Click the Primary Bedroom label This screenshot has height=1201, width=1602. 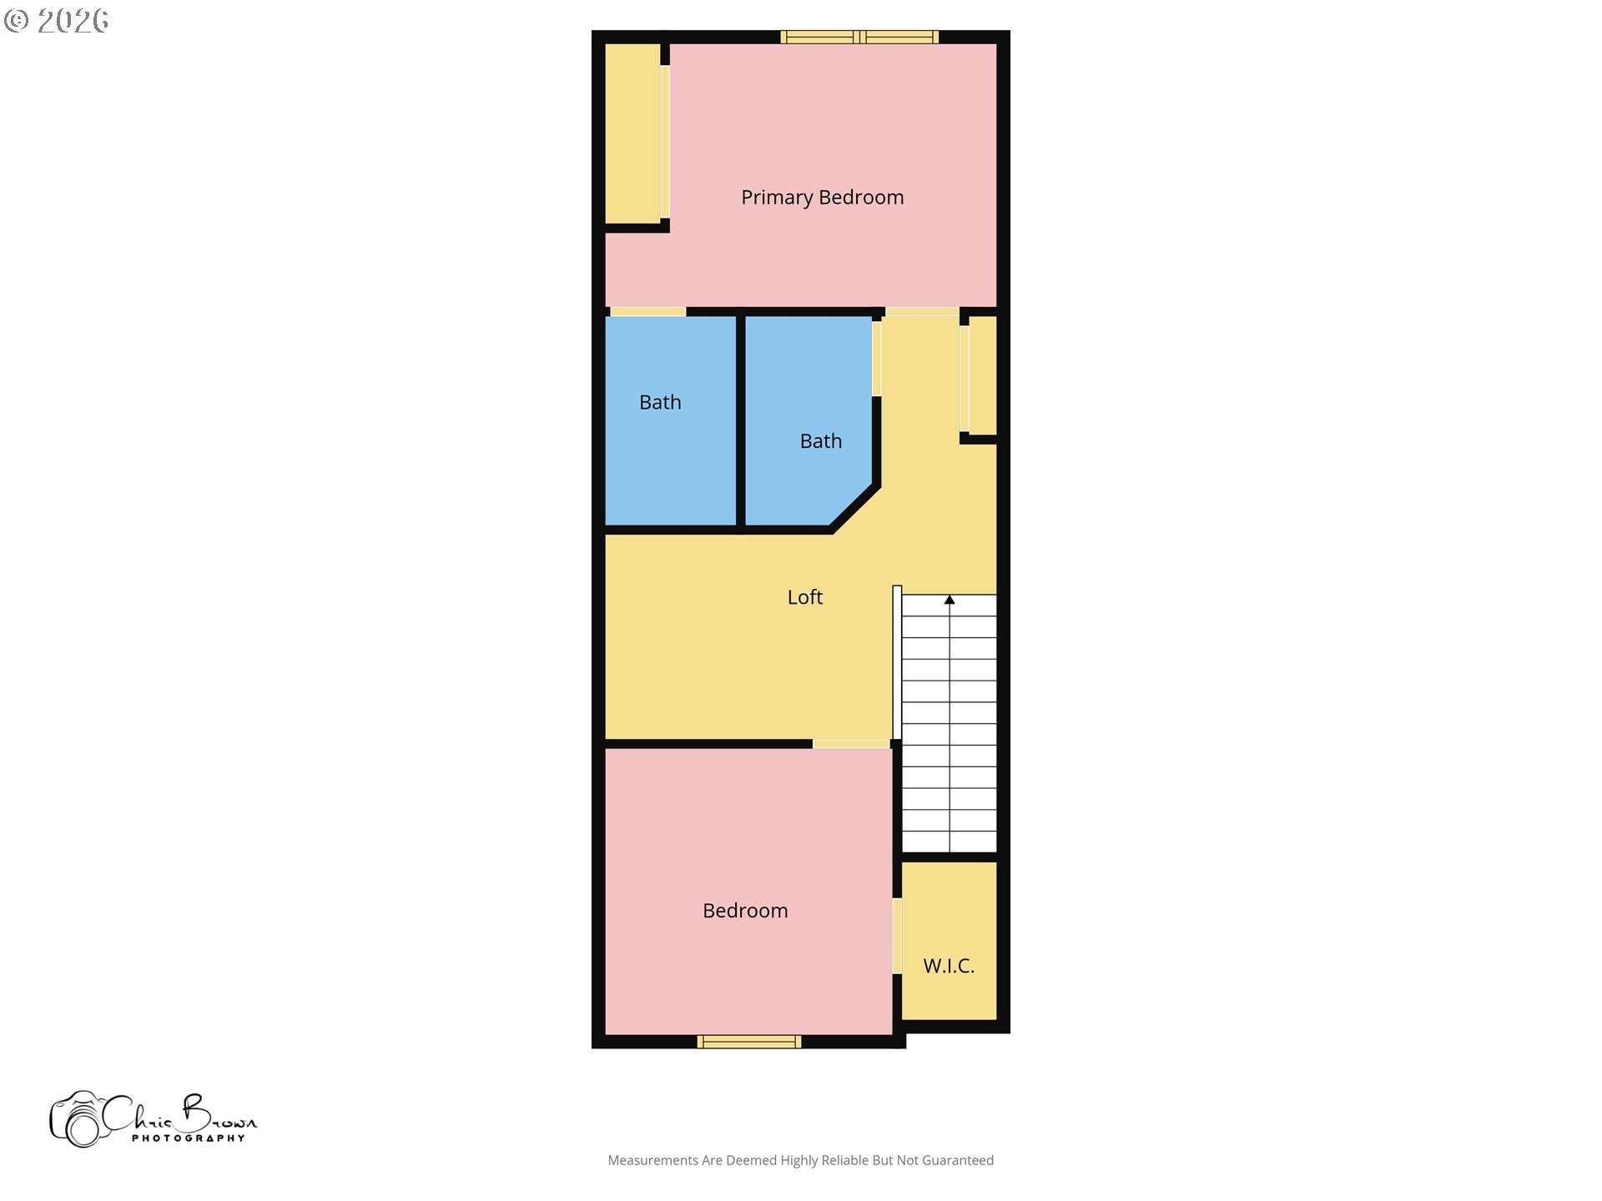(822, 198)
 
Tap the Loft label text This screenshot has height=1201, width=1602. (805, 597)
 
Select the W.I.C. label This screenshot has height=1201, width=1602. (949, 966)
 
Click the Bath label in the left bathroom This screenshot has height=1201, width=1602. (660, 402)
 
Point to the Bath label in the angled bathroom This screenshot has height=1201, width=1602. (821, 441)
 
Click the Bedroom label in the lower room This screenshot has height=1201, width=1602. (745, 911)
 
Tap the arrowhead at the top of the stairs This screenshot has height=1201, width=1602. (950, 600)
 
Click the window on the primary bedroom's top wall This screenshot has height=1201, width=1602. (859, 37)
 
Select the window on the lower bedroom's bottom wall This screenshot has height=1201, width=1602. (749, 1041)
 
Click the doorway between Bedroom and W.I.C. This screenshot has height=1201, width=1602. (897, 935)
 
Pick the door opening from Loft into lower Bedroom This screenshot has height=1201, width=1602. (851, 744)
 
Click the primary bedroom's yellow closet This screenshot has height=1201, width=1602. (632, 133)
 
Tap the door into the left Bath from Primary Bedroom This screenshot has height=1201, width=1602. (648, 312)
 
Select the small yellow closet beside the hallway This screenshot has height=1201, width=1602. (983, 375)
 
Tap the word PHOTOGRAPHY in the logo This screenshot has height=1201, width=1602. (189, 1138)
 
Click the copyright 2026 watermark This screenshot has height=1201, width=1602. (56, 21)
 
